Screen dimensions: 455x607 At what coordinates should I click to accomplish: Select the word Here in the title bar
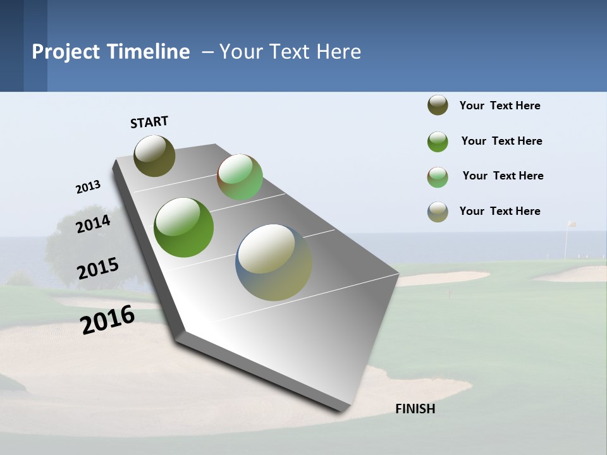point(338,52)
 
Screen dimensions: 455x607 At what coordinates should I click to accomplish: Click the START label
point(149,122)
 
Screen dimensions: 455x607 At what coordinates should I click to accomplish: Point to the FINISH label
point(415,409)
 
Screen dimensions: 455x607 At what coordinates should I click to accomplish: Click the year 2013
point(89,187)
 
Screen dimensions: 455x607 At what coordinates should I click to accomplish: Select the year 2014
point(94,224)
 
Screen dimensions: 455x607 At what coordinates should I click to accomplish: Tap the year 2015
point(98,269)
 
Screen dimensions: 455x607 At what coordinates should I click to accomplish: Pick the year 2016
point(107,320)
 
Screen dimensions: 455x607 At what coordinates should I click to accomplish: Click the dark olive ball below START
point(154,155)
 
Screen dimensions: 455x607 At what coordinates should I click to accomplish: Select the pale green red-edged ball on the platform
point(240,177)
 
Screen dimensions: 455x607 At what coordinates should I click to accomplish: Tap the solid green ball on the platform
point(184,227)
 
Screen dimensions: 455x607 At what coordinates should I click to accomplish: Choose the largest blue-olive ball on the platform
point(274,262)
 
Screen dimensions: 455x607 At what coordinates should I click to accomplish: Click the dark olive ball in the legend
point(438,106)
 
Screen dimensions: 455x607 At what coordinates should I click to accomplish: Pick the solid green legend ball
point(438,142)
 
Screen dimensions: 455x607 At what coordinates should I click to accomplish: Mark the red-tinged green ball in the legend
point(438,177)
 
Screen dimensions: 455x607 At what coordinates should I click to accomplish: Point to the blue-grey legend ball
point(438,212)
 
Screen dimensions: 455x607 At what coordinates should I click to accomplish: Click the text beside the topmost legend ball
point(500,106)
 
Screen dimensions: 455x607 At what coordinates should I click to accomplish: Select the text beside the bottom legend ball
point(500,211)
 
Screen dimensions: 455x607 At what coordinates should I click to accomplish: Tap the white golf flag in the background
point(571,224)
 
